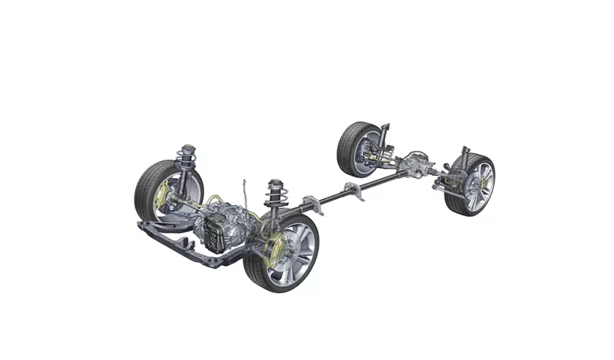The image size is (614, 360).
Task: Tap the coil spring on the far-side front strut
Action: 187,159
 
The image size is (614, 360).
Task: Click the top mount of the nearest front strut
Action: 274,183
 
